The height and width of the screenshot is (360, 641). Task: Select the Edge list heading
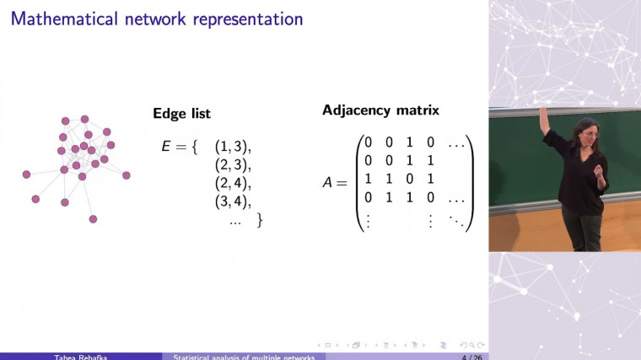click(x=181, y=114)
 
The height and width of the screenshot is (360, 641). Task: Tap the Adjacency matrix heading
click(x=380, y=110)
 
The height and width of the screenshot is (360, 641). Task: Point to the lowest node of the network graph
click(x=93, y=219)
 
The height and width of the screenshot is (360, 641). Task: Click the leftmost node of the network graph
click(x=26, y=175)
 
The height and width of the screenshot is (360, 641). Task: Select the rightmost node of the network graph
click(x=127, y=175)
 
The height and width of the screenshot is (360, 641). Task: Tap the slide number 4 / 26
click(x=471, y=357)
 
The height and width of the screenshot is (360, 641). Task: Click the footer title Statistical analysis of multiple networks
click(x=244, y=357)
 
